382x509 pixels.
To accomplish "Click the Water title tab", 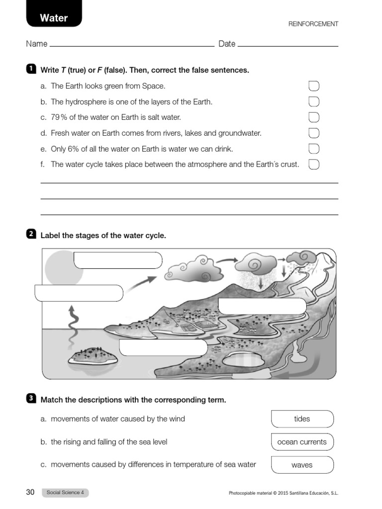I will point(54,18).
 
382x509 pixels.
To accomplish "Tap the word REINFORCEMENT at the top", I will point(313,24).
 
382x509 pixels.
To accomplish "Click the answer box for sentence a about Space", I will point(314,86).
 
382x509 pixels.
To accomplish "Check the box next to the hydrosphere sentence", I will point(314,102).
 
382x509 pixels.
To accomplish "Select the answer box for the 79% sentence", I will point(314,117).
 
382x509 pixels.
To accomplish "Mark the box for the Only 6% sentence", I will point(314,149).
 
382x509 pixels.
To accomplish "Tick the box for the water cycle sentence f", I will point(314,164).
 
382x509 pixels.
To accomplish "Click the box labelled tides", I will point(302,419).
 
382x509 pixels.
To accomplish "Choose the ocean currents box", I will point(302,442).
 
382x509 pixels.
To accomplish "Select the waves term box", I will point(302,465).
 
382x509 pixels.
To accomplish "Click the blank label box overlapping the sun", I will point(118,260).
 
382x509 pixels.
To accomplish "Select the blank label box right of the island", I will point(163,347).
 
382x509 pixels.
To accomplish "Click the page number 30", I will point(30,492).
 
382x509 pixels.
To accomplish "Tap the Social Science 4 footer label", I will point(65,493).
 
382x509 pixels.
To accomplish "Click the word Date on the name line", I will point(227,44).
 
